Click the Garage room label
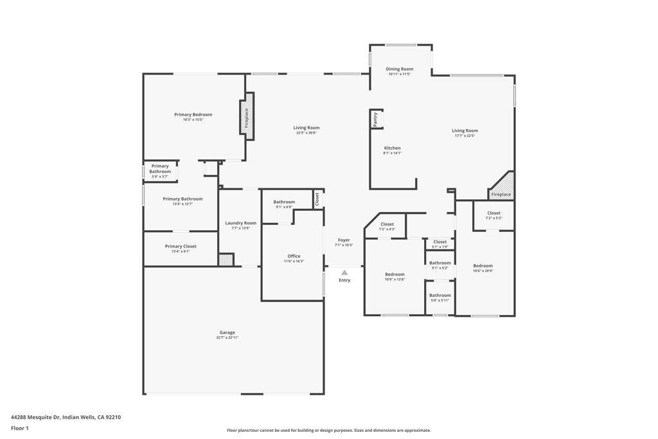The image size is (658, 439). (227, 333)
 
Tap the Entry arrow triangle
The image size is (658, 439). (344, 273)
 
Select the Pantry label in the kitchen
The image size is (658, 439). (375, 119)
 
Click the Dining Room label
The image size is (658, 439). (399, 69)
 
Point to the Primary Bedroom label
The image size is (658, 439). (193, 114)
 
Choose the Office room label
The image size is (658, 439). (294, 256)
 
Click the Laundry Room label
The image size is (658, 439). (240, 223)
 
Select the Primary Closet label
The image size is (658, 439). (181, 246)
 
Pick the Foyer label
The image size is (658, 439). (344, 240)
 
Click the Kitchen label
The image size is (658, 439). (392, 148)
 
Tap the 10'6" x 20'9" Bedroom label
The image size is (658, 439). (483, 266)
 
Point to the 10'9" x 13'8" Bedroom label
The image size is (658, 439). (395, 274)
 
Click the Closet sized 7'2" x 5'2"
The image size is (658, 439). (493, 213)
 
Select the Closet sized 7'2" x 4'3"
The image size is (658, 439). (387, 224)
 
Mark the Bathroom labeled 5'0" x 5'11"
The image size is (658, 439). (440, 296)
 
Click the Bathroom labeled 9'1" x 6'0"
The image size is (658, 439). (284, 202)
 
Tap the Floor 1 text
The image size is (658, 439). (20, 428)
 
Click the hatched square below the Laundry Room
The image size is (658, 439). (226, 260)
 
